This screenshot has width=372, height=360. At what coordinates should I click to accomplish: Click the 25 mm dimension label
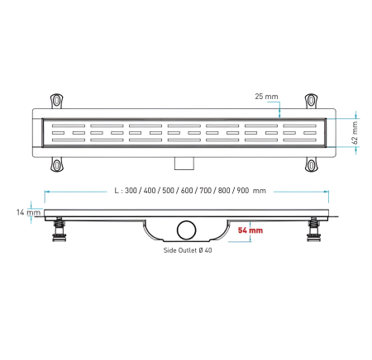point(266,97)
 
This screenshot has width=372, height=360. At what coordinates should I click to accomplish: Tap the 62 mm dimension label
point(355,133)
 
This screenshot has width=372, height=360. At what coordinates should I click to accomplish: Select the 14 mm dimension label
point(28,212)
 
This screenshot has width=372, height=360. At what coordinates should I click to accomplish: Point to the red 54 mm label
point(250,230)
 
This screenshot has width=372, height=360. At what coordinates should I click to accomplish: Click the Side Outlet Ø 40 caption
point(188,250)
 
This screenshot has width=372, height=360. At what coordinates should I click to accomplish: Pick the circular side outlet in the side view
point(187,230)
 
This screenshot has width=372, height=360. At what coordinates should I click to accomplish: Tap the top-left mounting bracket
point(56,101)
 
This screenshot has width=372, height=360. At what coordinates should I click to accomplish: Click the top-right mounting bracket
point(311,101)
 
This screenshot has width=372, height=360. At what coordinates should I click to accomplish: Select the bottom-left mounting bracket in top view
point(56,164)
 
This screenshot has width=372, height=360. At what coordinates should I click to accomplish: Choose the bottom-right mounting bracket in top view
point(311,164)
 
